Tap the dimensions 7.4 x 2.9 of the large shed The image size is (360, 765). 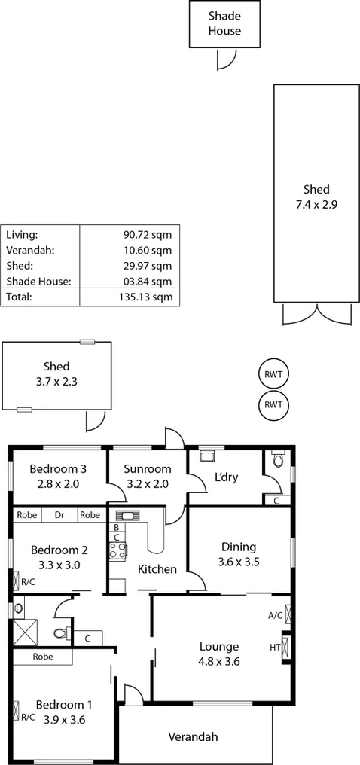pos(316,203)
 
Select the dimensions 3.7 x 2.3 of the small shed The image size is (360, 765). pos(56,381)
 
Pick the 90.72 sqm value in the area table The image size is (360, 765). pos(148,234)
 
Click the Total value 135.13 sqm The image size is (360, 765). pos(148,297)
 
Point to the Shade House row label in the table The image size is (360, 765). pos(38,281)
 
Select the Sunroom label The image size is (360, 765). pos(148,469)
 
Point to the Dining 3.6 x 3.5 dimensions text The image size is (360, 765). pos(238,561)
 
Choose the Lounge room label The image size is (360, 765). pos(219,646)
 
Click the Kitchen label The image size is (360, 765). pos(157,569)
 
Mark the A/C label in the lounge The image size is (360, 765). pos(275,615)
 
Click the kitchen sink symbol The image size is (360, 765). pos(125,516)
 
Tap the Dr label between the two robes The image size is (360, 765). pos(59,515)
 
